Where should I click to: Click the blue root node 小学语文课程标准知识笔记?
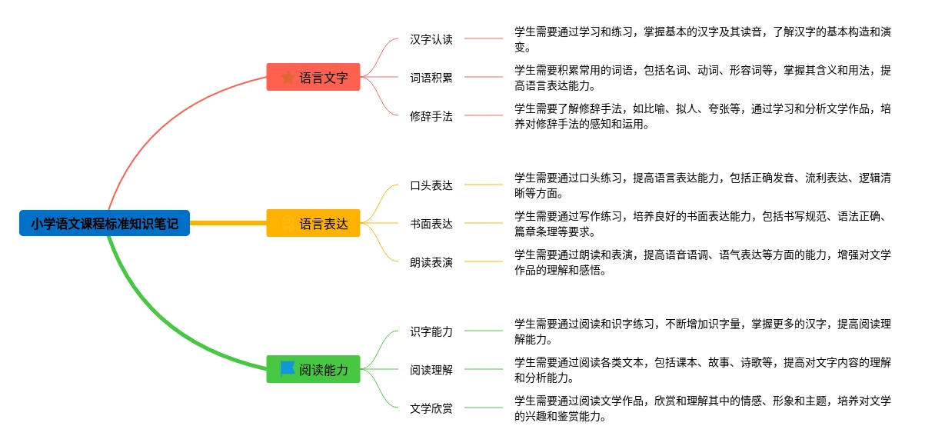pos(105,224)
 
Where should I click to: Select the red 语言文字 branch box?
pos(314,77)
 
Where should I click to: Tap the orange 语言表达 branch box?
pos(314,224)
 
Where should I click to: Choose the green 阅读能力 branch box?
pos(314,370)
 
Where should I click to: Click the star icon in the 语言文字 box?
pos(288,77)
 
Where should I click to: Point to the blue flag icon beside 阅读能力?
pos(288,368)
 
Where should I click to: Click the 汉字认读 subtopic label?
pos(431,39)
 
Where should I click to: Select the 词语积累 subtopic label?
pos(431,77)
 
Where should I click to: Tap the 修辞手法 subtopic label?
pos(431,116)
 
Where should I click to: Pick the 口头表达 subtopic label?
pos(431,185)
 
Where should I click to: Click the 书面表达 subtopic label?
pos(431,224)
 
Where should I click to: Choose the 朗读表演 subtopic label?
pos(431,262)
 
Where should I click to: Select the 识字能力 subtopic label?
pos(431,331)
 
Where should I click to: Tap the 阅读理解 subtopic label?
pos(431,370)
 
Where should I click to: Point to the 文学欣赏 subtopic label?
pos(431,408)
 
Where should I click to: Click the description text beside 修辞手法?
pos(702,116)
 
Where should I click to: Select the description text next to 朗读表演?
pos(702,262)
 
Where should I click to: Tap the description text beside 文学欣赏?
pos(702,408)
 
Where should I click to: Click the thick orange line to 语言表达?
pos(228,224)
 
